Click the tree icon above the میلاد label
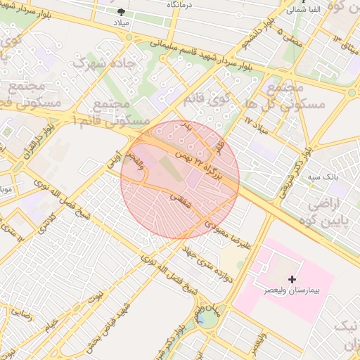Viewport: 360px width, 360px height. click(x=122, y=12)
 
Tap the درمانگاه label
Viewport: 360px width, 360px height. click(x=181, y=4)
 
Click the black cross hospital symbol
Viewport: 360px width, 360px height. click(x=292, y=279)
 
